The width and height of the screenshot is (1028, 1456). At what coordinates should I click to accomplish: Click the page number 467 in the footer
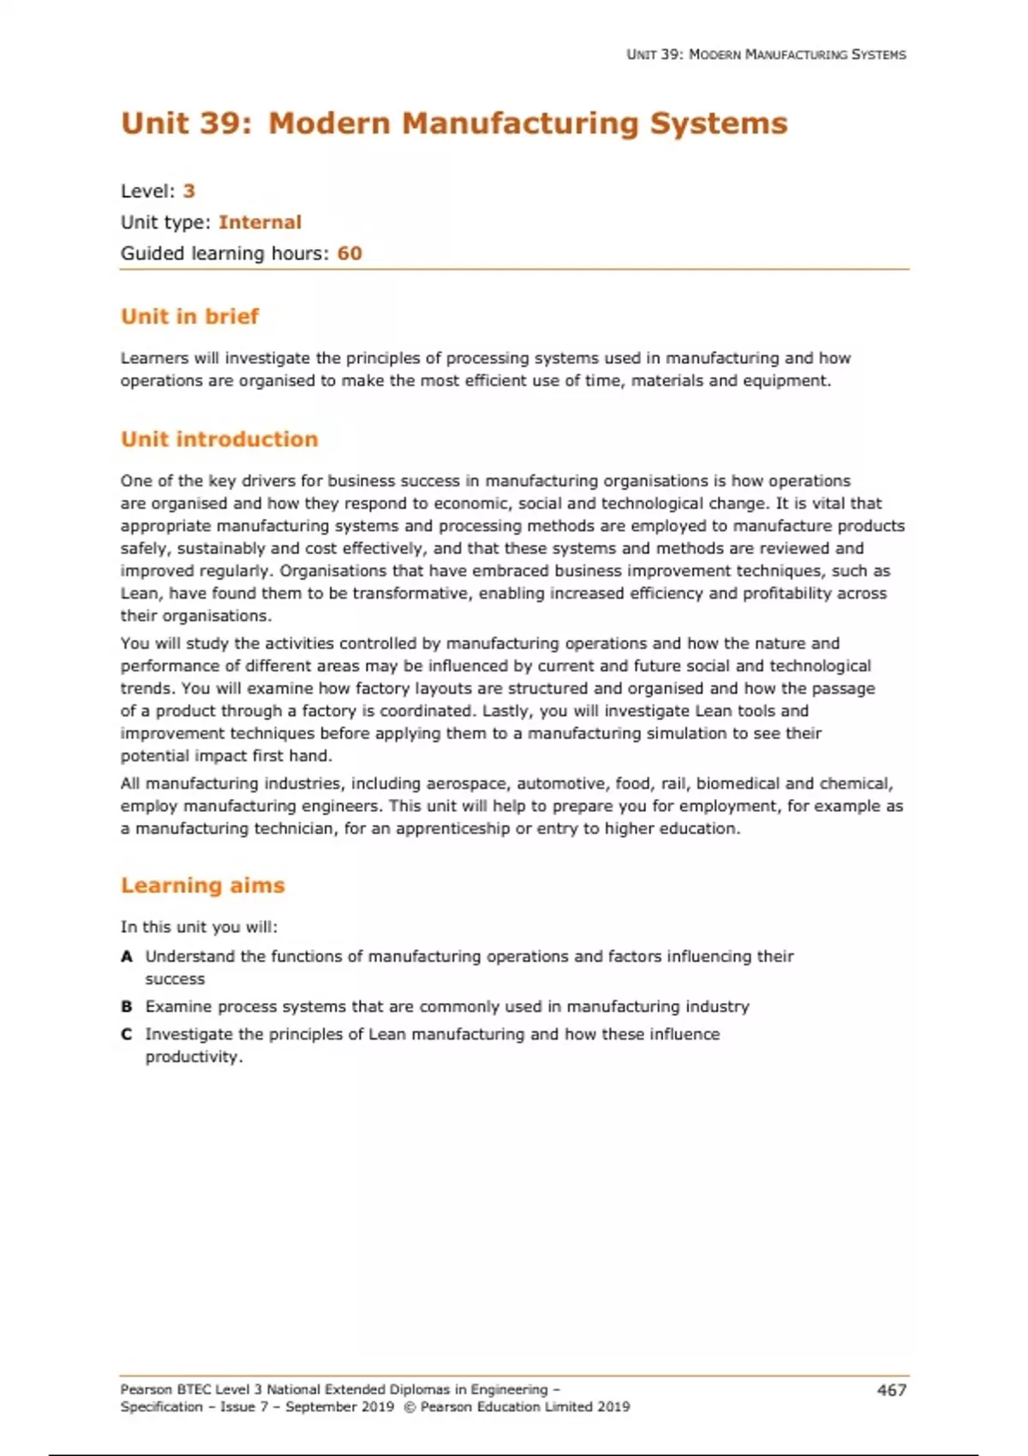click(x=891, y=1390)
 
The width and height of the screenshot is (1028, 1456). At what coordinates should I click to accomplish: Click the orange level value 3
click(x=189, y=191)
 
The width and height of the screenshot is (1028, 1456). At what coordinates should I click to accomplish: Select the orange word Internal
click(x=260, y=223)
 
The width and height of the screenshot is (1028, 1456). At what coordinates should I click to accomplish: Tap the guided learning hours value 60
click(x=350, y=254)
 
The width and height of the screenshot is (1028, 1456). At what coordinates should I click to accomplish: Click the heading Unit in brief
click(x=189, y=317)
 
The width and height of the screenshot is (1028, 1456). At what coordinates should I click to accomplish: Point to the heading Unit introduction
click(x=219, y=439)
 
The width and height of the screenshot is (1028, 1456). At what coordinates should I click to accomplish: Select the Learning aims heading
click(x=202, y=886)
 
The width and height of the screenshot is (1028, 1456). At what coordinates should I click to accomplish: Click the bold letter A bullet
click(x=127, y=957)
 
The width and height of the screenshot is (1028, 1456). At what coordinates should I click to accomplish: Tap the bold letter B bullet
click(x=127, y=1007)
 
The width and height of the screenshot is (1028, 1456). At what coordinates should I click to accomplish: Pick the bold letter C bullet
click(x=127, y=1035)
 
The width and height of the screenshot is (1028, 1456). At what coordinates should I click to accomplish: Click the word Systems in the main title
click(x=718, y=123)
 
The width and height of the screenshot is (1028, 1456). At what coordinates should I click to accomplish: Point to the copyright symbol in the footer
click(x=409, y=1407)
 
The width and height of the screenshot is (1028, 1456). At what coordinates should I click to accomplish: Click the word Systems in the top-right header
click(x=878, y=55)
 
